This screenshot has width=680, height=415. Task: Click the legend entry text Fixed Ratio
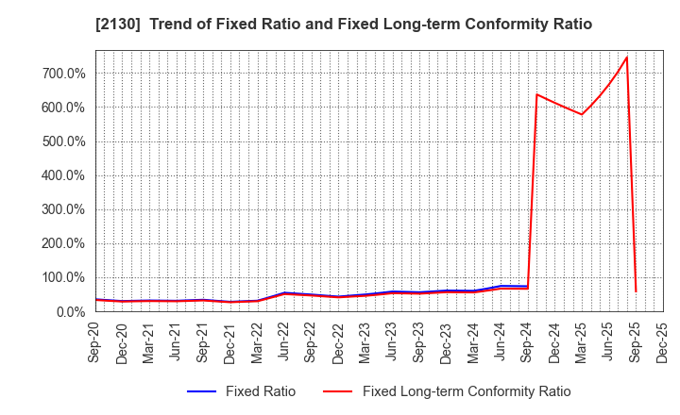coord(260,391)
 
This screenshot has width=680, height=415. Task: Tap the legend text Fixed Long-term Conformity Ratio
coord(467,391)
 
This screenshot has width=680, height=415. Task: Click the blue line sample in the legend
coord(202,391)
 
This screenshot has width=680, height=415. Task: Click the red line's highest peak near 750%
coord(626,58)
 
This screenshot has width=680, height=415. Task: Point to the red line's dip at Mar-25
coord(582,115)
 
